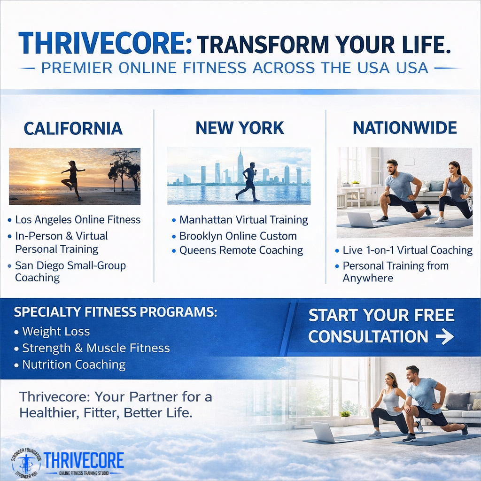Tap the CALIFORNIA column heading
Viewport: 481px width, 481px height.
coord(73,128)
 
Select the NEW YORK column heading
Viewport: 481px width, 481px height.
coord(240,128)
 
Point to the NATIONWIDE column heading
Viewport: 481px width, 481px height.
coord(404,128)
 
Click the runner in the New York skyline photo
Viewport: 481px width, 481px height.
coord(248,182)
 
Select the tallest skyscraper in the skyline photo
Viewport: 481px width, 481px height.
coord(240,166)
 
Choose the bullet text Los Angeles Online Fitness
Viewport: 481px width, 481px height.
coord(78,219)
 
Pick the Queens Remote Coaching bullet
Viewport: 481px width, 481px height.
coord(241,251)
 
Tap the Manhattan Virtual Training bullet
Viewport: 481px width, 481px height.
coord(243,220)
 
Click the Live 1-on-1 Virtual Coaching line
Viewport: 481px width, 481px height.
coord(407,250)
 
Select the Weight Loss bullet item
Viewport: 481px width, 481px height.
coord(56,332)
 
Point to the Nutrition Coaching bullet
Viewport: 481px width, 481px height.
coord(74,365)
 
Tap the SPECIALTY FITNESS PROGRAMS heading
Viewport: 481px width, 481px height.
coord(116,312)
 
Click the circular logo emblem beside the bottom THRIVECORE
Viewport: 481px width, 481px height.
coord(26,463)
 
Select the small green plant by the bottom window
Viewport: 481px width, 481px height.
coord(345,414)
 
